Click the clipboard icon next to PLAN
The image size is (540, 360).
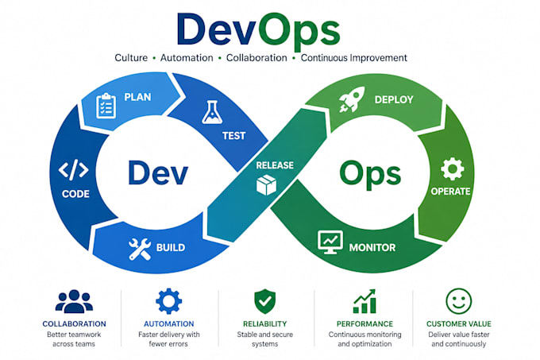click(x=106, y=106)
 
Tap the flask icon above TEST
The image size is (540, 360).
click(x=211, y=112)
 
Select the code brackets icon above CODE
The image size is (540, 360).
click(x=73, y=169)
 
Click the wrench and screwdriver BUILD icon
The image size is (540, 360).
click(x=140, y=249)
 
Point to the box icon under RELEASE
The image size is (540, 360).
click(x=266, y=185)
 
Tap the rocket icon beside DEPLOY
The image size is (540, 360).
click(x=352, y=99)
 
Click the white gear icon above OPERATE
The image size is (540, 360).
click(x=452, y=169)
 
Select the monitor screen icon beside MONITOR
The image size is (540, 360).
click(x=330, y=242)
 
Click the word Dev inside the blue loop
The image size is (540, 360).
click(x=158, y=172)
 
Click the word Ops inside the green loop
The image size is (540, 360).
click(x=370, y=174)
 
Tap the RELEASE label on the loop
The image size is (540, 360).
click(x=275, y=165)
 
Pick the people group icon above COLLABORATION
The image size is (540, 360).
click(x=74, y=301)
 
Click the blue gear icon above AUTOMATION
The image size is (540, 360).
click(x=168, y=301)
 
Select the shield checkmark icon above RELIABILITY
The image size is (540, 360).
click(x=264, y=301)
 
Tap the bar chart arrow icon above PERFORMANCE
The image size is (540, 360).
click(x=364, y=301)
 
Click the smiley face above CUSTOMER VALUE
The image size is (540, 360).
click(x=459, y=301)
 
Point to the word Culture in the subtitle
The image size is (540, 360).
click(x=131, y=58)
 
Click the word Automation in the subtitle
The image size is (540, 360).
click(x=187, y=58)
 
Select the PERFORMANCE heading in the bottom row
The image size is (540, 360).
click(x=364, y=323)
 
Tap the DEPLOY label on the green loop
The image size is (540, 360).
click(x=394, y=100)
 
